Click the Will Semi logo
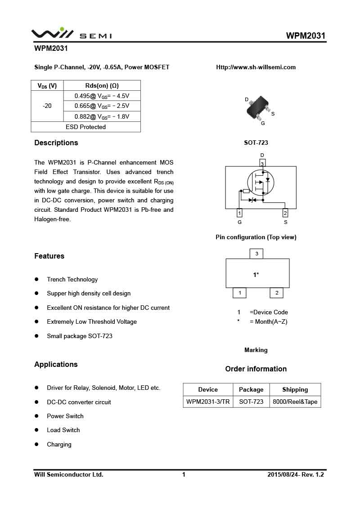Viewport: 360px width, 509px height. tap(71, 34)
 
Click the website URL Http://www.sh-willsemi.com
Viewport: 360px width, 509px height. tap(256, 67)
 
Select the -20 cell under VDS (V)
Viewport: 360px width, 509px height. tap(47, 106)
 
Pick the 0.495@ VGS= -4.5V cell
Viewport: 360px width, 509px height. tap(102, 96)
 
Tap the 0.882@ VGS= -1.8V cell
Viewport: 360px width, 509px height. tap(102, 116)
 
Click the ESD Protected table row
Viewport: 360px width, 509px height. tap(85, 127)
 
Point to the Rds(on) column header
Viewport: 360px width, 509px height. tap(102, 85)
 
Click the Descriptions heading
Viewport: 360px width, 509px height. tap(56, 143)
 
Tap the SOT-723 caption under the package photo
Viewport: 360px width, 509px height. tap(256, 143)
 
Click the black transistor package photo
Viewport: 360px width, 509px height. tap(259, 107)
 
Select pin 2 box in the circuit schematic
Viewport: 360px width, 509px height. tap(285, 213)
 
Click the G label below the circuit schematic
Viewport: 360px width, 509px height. tap(239, 222)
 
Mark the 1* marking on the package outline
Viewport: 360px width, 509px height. tap(256, 275)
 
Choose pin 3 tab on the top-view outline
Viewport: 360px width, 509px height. tap(256, 254)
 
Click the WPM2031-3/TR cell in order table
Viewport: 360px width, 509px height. tap(208, 402)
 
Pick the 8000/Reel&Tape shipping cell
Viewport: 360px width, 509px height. tap(295, 402)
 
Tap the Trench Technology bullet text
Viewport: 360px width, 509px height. tap(72, 279)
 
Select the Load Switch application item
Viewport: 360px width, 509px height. tap(63, 430)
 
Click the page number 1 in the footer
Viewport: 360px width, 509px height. tap(184, 474)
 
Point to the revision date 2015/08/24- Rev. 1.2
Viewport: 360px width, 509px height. tap(295, 474)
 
